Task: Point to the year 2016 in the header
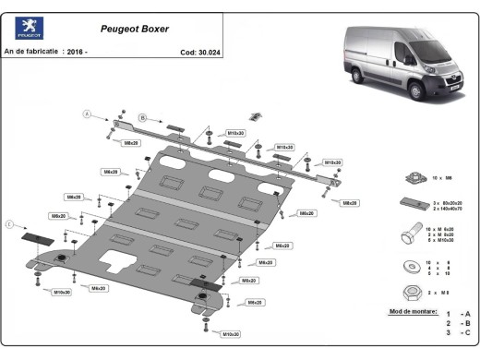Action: tap(78, 53)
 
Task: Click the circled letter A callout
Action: tap(88, 114)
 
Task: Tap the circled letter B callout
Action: tap(142, 117)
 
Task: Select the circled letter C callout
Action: tap(11, 223)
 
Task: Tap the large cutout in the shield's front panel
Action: tap(117, 262)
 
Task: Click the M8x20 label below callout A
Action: tap(130, 143)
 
